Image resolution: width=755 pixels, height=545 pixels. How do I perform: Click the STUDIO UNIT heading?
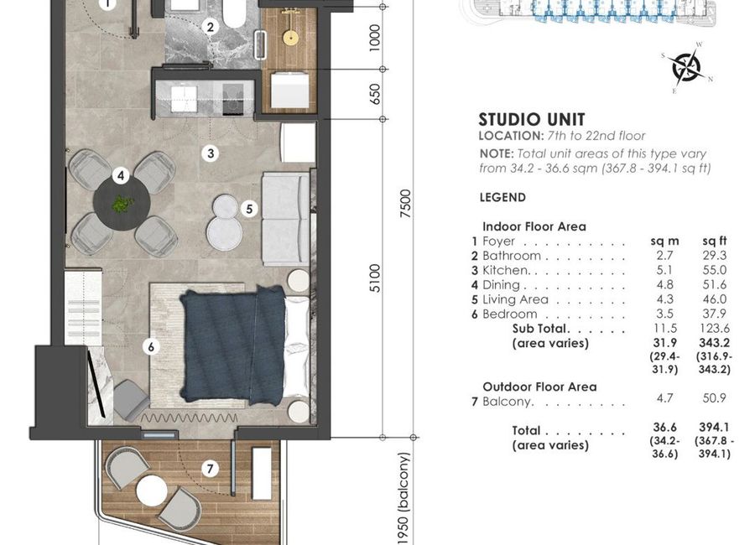532,119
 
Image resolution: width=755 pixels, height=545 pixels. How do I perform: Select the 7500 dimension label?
406,204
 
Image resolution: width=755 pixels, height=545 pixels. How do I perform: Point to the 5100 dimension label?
375,278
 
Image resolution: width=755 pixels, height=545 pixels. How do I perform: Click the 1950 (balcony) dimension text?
404,498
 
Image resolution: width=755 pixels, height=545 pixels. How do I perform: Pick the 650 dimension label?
375,94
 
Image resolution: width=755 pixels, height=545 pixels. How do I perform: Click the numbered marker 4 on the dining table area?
120,176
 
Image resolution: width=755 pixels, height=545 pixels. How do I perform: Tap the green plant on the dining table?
122,204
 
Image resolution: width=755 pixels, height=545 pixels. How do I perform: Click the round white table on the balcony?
152,490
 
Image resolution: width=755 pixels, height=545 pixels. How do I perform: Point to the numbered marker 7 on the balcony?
210,469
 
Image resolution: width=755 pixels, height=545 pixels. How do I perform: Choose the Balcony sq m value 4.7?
664,398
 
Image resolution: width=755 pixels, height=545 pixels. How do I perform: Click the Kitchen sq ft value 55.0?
714,270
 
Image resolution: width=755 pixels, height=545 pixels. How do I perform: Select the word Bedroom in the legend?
509,314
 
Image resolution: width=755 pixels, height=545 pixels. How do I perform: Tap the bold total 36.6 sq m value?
664,427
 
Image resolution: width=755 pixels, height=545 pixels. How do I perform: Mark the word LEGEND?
502,197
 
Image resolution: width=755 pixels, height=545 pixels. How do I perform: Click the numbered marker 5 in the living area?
249,209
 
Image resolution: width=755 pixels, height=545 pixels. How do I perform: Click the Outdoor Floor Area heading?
539,387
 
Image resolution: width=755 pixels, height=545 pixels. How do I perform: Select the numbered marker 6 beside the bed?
151,346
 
